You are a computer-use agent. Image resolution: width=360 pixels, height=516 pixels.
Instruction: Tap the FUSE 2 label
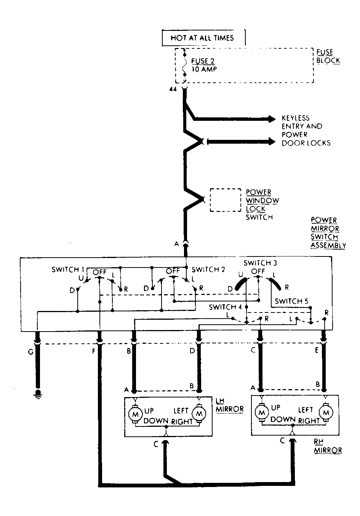coord(203,61)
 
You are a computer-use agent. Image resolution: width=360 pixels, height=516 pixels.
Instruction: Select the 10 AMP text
coord(204,69)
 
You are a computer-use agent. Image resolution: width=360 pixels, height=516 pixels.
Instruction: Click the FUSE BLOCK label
coord(328,56)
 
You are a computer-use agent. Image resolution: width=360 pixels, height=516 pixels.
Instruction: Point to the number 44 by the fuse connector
coord(173,90)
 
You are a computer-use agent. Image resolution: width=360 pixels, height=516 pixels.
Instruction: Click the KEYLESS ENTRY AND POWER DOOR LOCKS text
coord(306,131)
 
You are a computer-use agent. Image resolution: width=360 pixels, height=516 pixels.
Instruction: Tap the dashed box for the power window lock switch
coord(225,200)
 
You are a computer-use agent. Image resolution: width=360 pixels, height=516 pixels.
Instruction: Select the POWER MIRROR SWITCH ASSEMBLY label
coord(328,233)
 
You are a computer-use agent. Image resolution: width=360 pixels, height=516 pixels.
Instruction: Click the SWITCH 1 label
coord(68,269)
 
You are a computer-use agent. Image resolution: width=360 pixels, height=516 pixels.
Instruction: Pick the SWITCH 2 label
coord(208,269)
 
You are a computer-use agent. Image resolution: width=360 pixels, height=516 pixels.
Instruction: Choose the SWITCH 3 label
coord(260,263)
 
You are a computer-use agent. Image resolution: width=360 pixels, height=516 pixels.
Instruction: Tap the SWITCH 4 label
coord(225,307)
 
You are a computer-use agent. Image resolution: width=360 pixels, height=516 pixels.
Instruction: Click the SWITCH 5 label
coord(291,301)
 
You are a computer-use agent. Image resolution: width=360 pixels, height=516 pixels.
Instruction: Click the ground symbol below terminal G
coord(38,394)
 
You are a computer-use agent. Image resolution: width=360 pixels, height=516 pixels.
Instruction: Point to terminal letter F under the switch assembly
coord(93,351)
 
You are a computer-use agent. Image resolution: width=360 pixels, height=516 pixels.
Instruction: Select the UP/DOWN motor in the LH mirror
coord(135,414)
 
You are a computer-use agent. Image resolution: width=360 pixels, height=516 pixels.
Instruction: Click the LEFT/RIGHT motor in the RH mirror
coord(326,412)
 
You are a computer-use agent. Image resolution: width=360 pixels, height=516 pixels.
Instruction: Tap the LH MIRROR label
coord(229,406)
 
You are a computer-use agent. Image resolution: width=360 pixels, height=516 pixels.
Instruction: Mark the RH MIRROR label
coord(328,447)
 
